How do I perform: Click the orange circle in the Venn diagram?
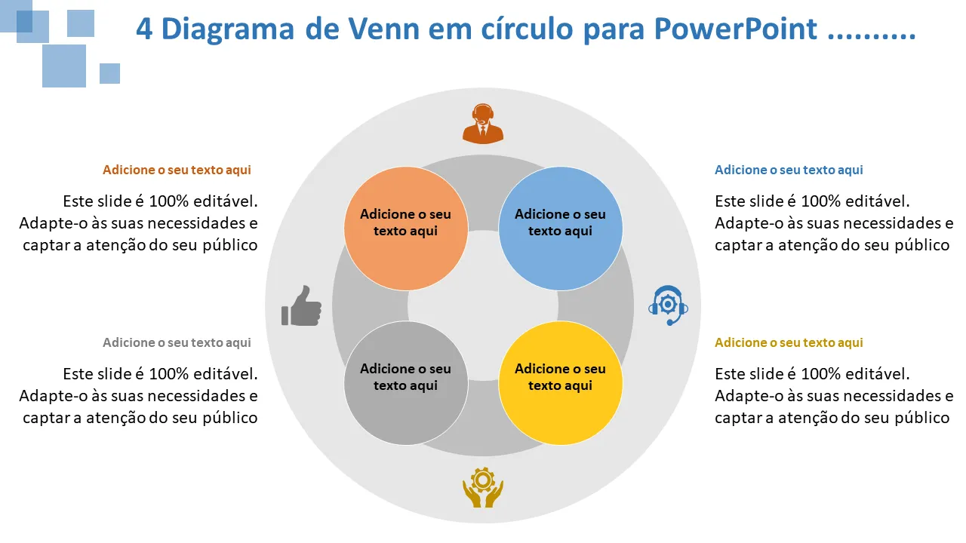[405, 229]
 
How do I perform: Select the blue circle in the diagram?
[561, 229]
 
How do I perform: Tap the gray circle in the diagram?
[405, 382]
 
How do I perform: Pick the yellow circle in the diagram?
[561, 382]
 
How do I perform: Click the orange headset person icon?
[482, 123]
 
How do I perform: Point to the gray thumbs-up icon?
[301, 305]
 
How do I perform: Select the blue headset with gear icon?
[668, 305]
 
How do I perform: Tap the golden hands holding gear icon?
[482, 487]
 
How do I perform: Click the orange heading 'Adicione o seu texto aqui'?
[177, 170]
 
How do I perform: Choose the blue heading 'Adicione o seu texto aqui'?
[789, 170]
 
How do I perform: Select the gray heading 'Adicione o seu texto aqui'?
[177, 343]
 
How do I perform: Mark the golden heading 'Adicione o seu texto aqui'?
[789, 343]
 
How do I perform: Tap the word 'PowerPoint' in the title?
[735, 29]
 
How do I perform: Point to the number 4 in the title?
[144, 29]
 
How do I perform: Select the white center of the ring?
[483, 305]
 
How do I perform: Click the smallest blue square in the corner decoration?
[109, 73]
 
